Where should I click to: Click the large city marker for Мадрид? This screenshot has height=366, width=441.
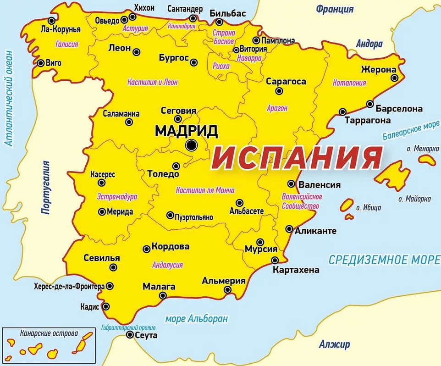pos(191,145)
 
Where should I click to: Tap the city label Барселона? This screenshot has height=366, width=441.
pos(399,109)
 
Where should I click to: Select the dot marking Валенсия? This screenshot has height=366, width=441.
pos(291,184)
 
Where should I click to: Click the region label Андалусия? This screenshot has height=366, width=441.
pos(167,265)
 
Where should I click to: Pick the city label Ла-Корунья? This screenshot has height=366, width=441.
pos(61,29)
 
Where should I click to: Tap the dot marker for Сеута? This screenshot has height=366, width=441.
pos(129,335)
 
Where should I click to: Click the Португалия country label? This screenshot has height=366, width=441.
pos(45,187)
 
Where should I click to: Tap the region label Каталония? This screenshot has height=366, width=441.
pos(349,83)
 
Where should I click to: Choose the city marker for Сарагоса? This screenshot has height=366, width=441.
pos(279,91)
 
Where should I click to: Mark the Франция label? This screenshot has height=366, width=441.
pos(335,9)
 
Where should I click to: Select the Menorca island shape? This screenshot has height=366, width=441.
pos(427,160)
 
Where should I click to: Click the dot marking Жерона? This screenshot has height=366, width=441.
pos(394,78)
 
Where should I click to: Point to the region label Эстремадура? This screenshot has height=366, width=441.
pos(117,196)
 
